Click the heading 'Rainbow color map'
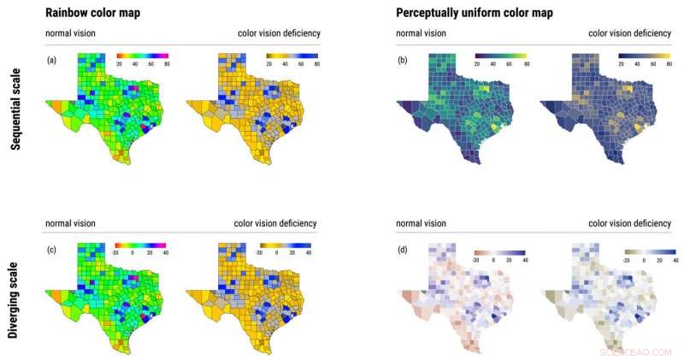pyautogui.click(x=93, y=13)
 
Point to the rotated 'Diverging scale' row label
pyautogui.click(x=15, y=295)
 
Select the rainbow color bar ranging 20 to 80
pyautogui.click(x=143, y=55)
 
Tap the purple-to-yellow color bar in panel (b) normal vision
pyautogui.click(x=501, y=55)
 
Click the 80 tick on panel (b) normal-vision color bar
pyautogui.click(x=526, y=63)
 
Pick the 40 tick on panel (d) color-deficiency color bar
pyautogui.click(x=676, y=262)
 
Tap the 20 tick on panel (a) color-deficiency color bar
pyautogui.click(x=268, y=63)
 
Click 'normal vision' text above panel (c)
pyautogui.click(x=70, y=223)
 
